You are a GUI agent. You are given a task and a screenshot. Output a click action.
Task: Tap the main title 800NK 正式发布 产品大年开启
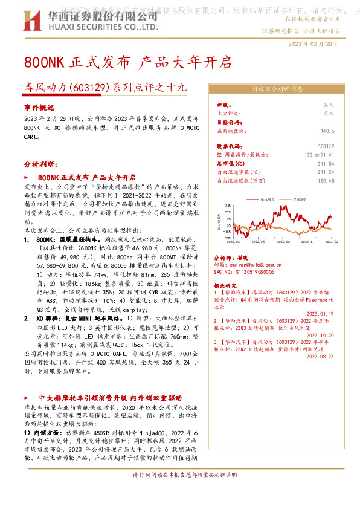point(127,62)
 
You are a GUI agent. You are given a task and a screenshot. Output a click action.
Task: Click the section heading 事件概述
point(39,106)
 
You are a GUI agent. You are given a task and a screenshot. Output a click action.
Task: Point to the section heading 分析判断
point(40,164)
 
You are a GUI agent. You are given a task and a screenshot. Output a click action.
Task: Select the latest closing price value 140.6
point(327,131)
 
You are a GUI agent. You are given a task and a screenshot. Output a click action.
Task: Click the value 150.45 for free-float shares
point(325,180)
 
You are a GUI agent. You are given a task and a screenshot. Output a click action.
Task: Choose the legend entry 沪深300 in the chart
point(297,198)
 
